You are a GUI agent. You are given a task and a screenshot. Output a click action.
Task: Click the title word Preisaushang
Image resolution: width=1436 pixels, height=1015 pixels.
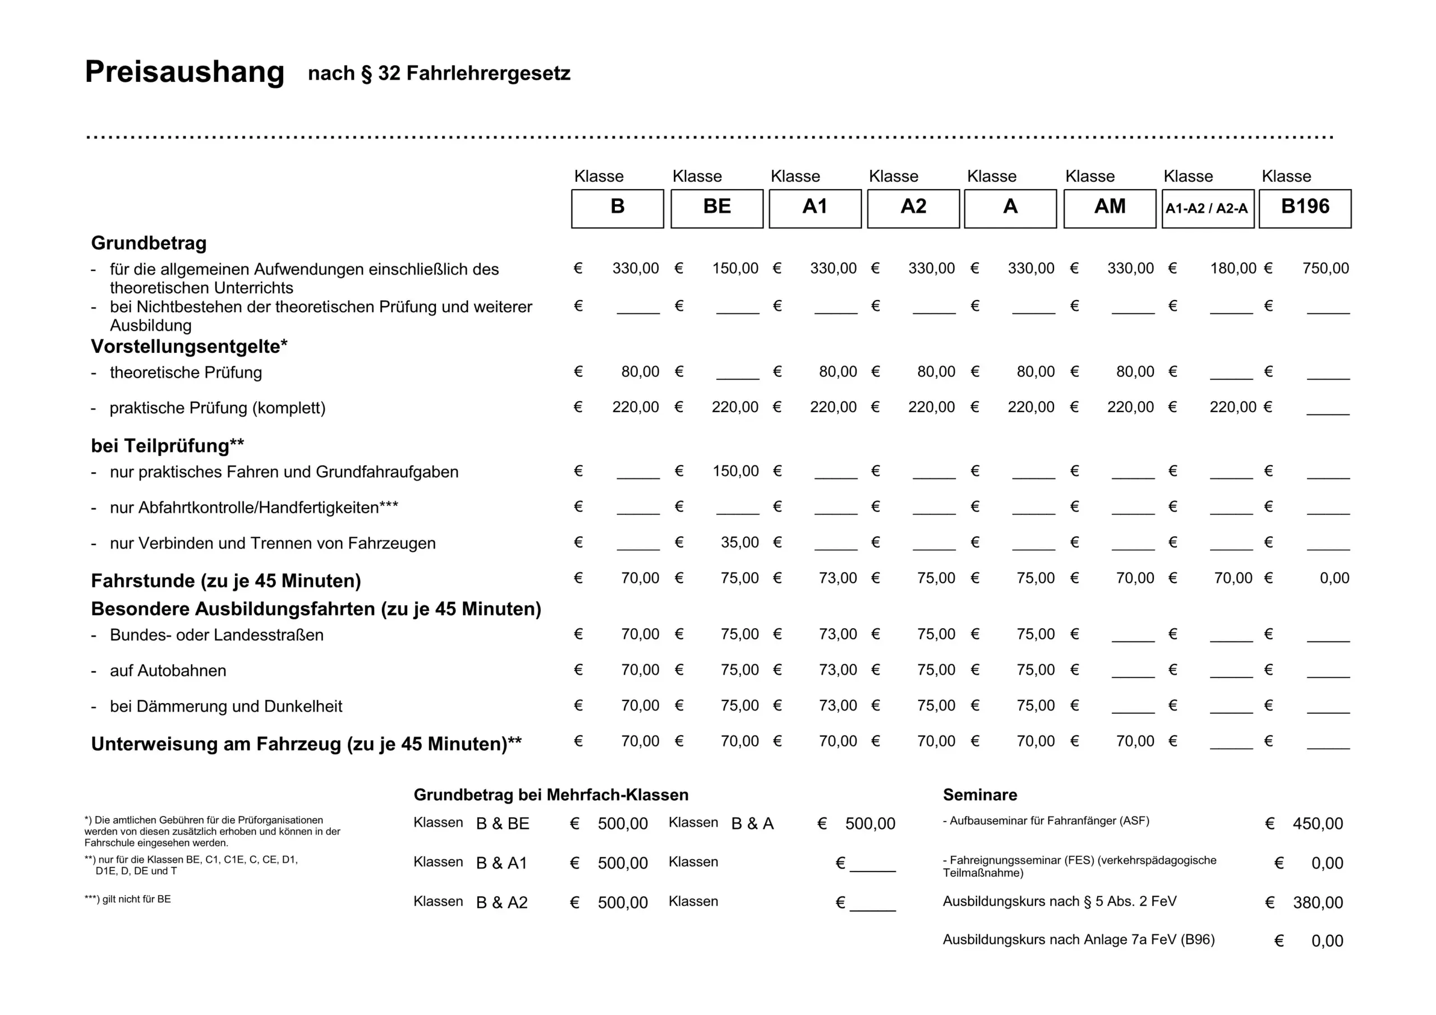[x=185, y=71]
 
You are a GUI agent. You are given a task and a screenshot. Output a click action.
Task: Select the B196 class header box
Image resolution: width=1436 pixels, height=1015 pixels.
[x=1305, y=208]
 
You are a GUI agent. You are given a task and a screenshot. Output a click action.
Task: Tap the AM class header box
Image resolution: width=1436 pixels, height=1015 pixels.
[x=1110, y=208]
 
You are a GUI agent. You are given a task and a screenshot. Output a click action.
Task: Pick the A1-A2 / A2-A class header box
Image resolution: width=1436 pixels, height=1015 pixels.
[x=1207, y=208]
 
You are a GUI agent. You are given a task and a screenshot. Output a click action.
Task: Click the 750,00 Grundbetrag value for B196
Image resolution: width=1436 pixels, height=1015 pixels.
[x=1325, y=268]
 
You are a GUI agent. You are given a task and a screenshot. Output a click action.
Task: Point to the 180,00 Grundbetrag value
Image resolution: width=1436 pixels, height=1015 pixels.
[x=1233, y=268]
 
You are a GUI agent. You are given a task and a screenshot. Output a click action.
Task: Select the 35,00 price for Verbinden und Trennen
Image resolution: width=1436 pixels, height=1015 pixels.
[x=739, y=542]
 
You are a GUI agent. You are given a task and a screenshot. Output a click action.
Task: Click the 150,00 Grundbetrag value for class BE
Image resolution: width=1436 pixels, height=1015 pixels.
[x=735, y=268]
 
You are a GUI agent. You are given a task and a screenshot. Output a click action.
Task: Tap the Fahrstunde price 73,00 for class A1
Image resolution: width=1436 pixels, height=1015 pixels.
[x=837, y=578]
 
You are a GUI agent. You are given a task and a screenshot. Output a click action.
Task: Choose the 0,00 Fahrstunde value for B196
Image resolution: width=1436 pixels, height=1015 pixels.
[x=1334, y=578]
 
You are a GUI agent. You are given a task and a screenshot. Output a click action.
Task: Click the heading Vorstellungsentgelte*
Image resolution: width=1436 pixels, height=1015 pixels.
[x=189, y=346]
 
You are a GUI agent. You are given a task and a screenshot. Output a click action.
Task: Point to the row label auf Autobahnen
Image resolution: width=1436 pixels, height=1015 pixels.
[x=168, y=671]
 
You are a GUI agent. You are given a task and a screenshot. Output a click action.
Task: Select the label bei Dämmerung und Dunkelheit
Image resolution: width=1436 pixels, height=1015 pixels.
[x=226, y=706]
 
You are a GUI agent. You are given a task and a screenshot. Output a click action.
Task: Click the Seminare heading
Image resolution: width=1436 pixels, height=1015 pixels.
[x=979, y=794]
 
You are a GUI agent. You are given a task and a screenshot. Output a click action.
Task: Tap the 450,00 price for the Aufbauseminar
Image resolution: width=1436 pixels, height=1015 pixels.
[x=1317, y=824]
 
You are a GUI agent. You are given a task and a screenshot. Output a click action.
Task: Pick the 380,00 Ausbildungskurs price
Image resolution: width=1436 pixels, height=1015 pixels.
[x=1317, y=902]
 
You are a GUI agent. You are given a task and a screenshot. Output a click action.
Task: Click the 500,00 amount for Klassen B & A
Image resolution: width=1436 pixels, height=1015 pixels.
[x=869, y=824]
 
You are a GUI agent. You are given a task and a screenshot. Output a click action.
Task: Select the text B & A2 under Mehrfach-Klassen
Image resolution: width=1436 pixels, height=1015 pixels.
[x=501, y=902]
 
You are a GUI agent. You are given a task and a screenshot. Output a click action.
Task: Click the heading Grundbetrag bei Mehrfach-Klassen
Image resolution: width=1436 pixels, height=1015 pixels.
[x=550, y=794]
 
